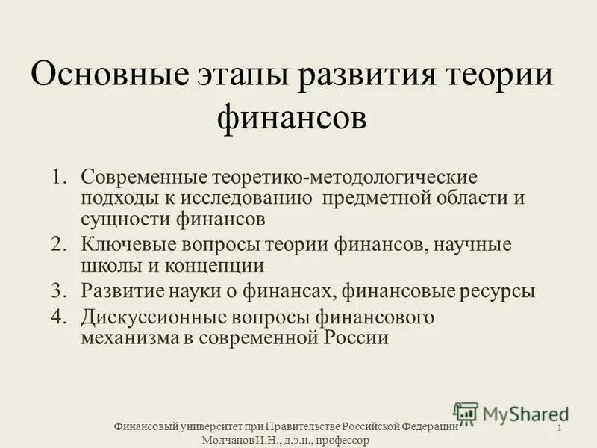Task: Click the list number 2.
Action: point(60,244)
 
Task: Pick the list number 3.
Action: point(60,290)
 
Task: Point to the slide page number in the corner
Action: point(558,426)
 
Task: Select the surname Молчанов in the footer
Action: point(228,441)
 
